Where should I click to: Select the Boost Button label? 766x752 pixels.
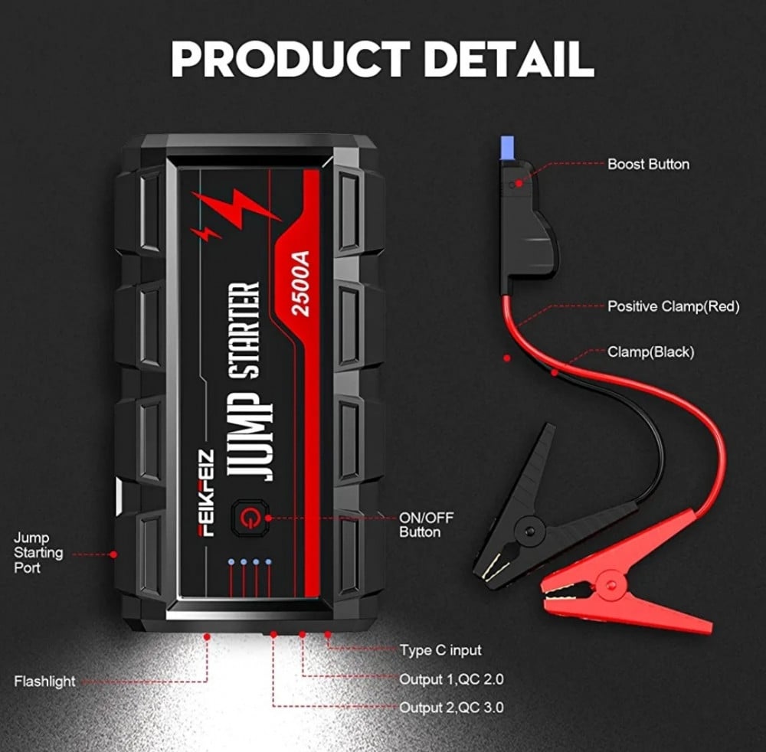coord(648,164)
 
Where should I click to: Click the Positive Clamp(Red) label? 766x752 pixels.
coord(673,306)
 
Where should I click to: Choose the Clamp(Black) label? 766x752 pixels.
coord(650,352)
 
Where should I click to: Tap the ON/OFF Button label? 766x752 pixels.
coord(426,525)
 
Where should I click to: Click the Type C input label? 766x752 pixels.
coord(440,650)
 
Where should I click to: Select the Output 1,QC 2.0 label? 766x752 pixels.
coord(451,679)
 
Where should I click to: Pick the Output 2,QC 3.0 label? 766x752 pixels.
coord(451,708)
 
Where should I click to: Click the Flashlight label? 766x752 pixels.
coord(44,681)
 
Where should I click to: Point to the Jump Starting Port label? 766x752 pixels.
coord(38,553)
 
